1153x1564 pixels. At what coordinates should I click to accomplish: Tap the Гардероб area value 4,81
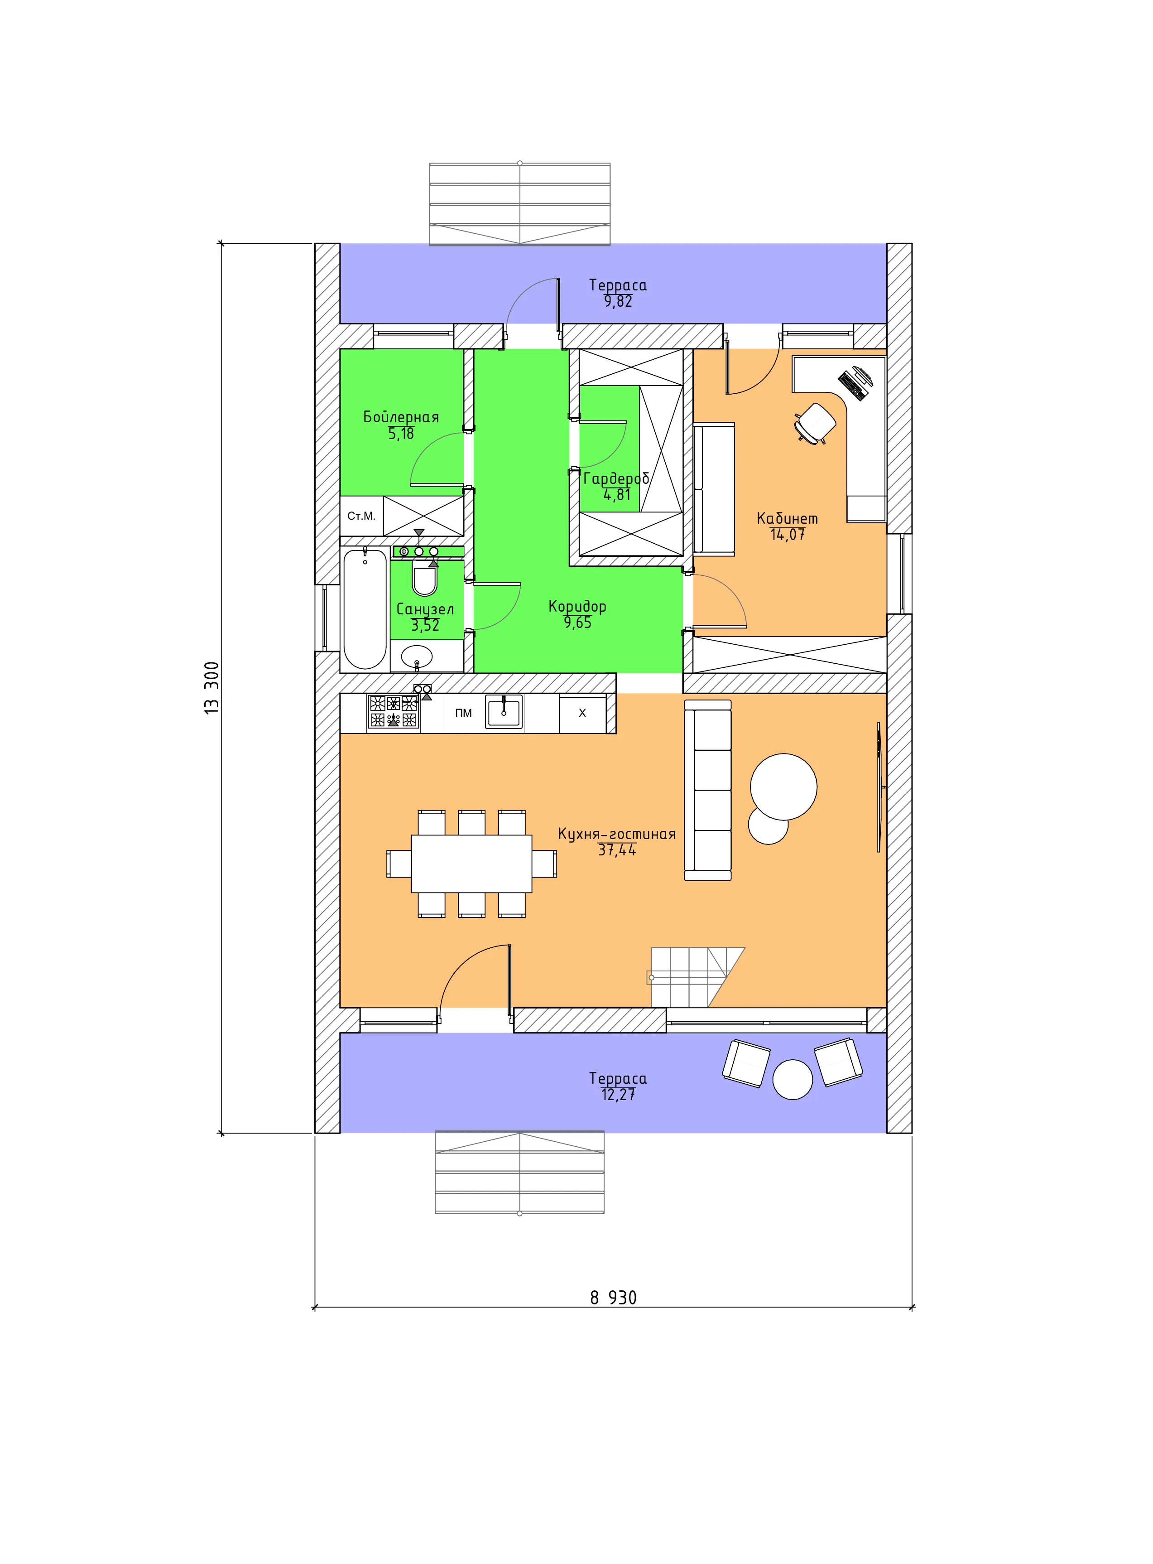click(x=617, y=495)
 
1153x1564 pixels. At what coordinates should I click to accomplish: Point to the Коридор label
click(x=577, y=607)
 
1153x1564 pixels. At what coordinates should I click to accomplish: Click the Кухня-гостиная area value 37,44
click(x=617, y=850)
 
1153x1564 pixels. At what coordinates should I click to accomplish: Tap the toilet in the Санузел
click(x=424, y=579)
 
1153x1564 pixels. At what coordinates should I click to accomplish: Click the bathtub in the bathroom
click(x=365, y=609)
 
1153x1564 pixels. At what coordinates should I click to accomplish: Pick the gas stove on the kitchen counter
click(x=393, y=711)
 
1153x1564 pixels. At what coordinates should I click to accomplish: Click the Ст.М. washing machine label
click(x=361, y=516)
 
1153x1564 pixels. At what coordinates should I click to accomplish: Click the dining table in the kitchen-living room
click(x=472, y=864)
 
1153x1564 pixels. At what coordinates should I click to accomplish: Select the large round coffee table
click(x=784, y=787)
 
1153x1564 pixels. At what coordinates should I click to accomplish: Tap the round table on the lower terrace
click(x=793, y=1079)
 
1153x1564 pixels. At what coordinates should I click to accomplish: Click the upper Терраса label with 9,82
click(x=618, y=293)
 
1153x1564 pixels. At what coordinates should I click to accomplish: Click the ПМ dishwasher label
click(x=463, y=713)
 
